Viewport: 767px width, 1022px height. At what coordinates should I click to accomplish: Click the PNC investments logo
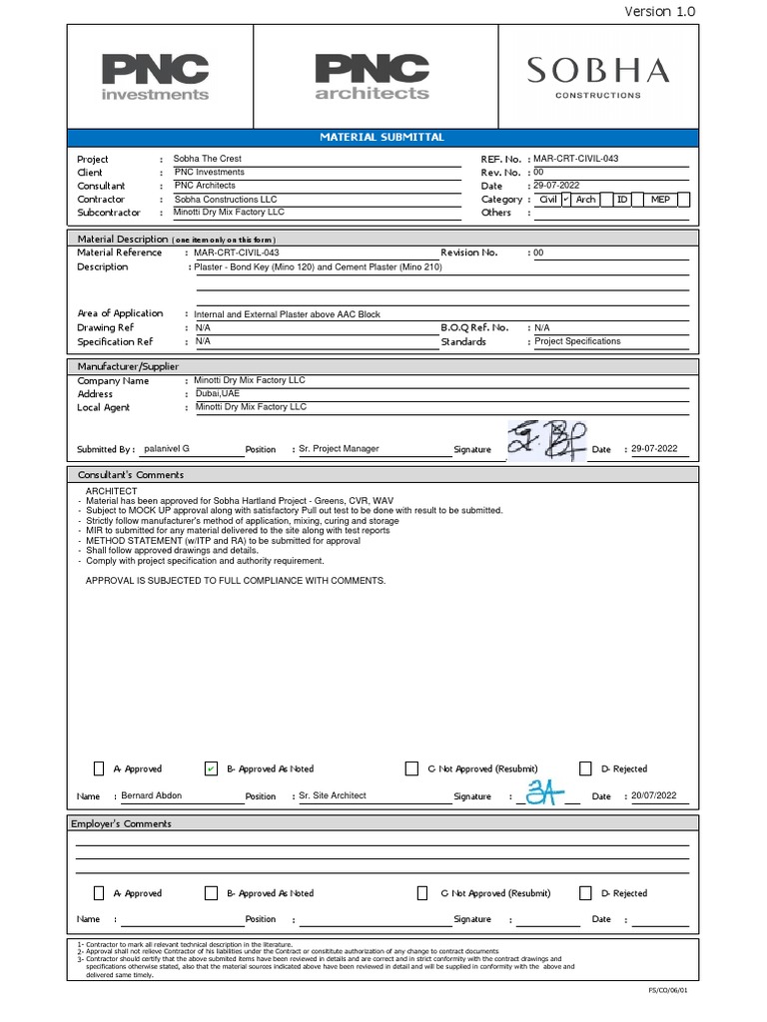pos(155,77)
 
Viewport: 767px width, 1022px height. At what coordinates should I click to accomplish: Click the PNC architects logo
pos(372,77)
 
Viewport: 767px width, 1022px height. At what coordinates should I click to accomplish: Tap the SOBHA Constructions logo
pos(598,77)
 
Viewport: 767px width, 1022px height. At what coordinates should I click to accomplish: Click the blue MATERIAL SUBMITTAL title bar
pos(383,137)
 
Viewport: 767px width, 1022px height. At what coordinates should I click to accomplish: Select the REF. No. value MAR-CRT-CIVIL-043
pos(583,159)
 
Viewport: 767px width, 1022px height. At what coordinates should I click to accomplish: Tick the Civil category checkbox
pos(565,200)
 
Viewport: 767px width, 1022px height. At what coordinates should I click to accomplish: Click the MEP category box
pos(661,200)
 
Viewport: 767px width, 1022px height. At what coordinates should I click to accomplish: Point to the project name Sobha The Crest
pos(208,159)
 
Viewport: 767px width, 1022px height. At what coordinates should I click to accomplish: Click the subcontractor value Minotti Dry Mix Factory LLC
pos(229,213)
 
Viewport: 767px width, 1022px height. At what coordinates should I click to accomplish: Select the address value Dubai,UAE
pos(218,393)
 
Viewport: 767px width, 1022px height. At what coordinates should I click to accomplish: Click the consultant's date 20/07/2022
pos(654,795)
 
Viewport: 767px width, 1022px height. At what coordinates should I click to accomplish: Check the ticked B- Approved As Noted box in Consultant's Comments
pos(211,768)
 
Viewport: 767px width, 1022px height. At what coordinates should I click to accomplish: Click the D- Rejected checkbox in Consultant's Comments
pos(586,768)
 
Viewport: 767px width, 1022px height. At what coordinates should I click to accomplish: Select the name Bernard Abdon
pos(152,795)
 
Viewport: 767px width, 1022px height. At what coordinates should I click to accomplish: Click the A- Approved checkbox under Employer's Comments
pos(99,893)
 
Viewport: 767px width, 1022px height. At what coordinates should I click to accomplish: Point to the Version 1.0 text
pos(659,11)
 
